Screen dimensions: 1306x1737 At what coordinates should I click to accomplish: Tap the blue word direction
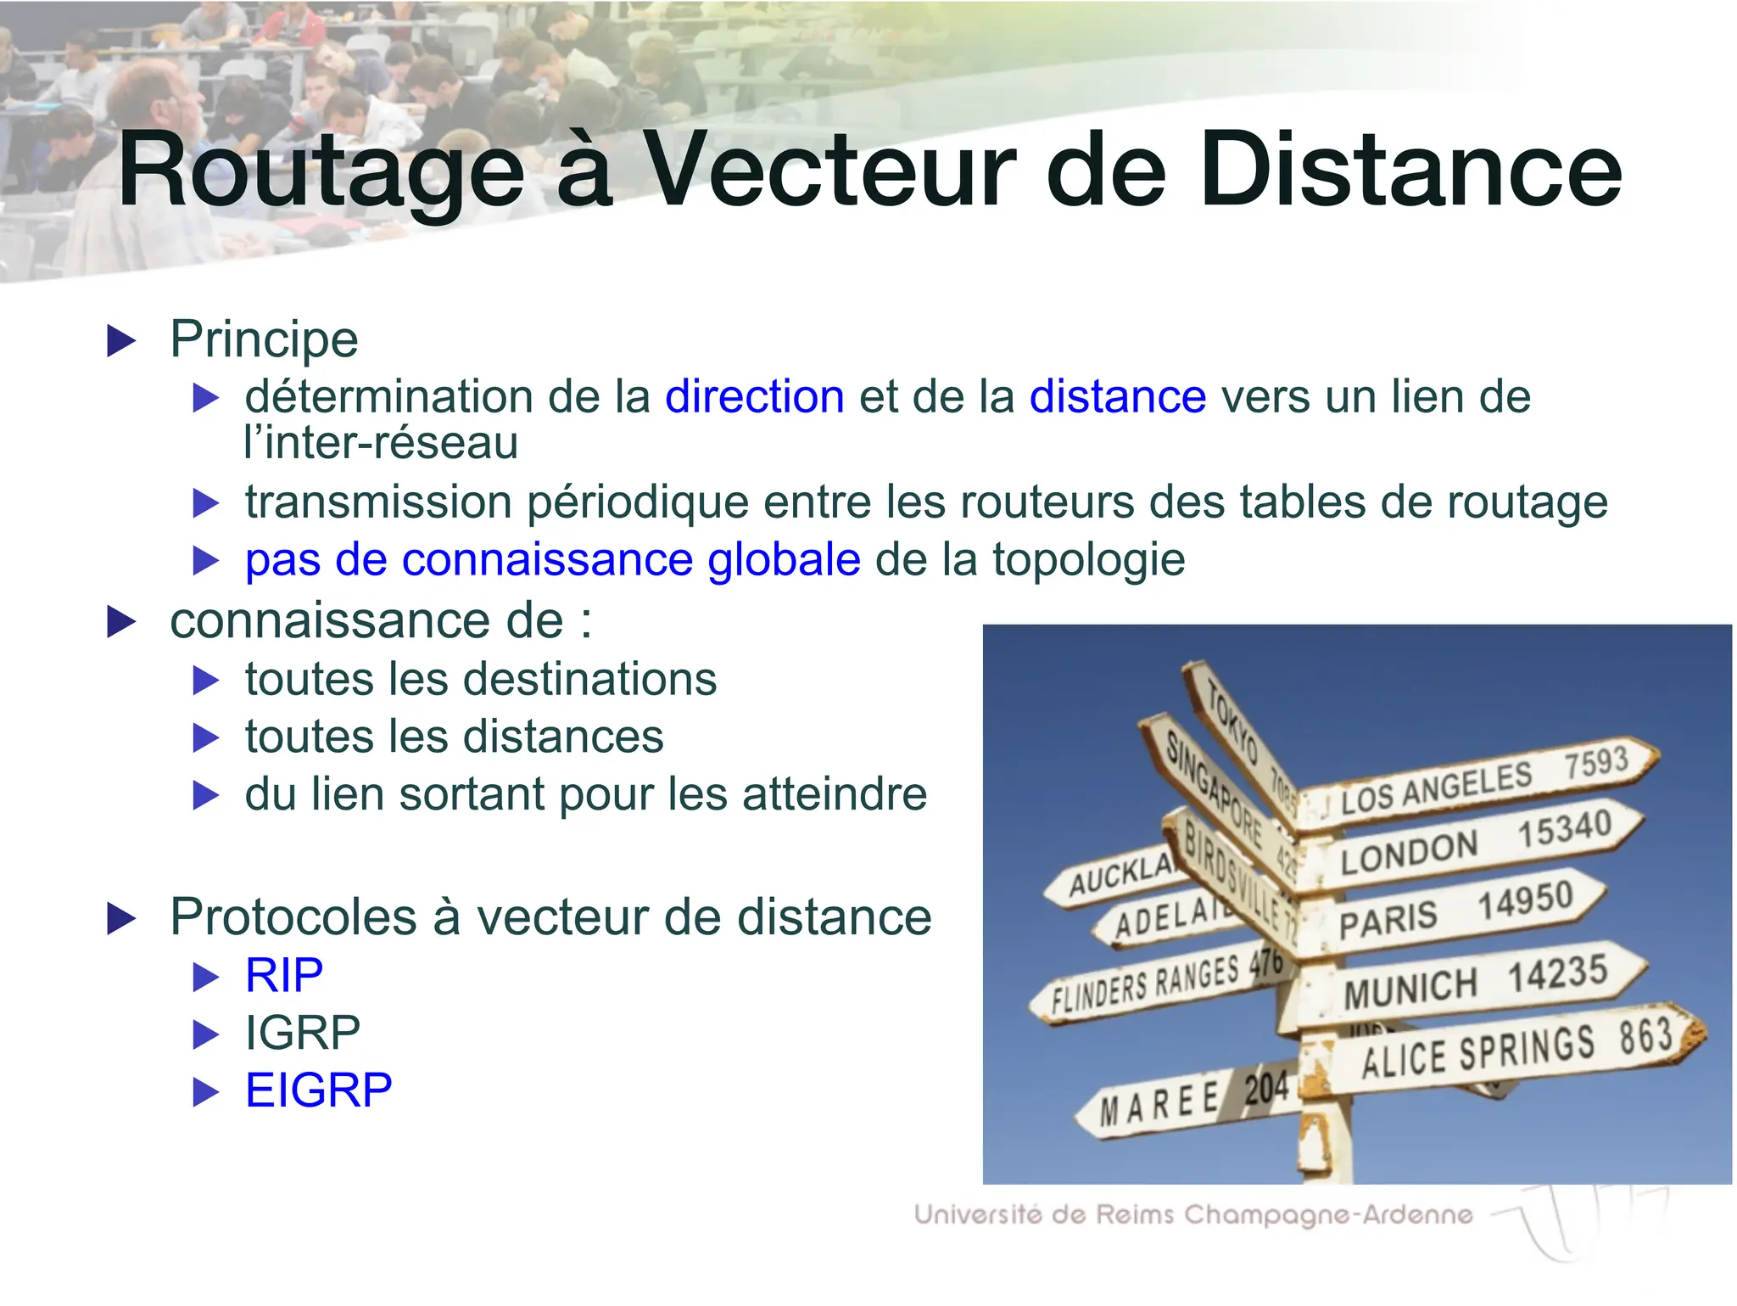click(754, 396)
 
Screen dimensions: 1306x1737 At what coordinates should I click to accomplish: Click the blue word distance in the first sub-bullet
click(1117, 396)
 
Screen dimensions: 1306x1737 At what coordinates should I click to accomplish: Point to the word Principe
click(264, 339)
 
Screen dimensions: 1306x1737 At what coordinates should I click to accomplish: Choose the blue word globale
click(784, 560)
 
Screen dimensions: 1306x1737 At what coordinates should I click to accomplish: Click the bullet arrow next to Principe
click(121, 341)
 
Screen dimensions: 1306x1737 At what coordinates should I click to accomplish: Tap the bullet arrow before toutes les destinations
click(206, 681)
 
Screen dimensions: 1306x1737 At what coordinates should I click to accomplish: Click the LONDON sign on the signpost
click(1409, 852)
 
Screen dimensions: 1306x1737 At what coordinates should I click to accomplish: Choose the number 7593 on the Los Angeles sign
click(1595, 763)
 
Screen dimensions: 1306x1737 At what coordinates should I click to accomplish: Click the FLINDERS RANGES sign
click(1145, 984)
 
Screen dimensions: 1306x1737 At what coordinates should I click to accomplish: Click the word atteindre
click(835, 794)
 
